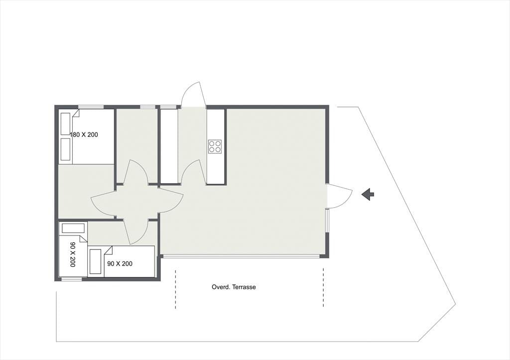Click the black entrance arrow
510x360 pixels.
click(368, 194)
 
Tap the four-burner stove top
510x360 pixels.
click(215, 146)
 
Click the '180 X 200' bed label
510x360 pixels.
click(84, 134)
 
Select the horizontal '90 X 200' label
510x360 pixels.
click(120, 263)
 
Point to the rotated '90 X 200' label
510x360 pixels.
click(73, 254)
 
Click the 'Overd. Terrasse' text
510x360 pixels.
click(234, 287)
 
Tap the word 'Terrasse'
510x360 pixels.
click(244, 287)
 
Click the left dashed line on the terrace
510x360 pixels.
click(176, 289)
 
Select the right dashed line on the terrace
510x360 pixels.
click(323, 287)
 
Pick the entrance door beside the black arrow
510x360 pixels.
click(340, 196)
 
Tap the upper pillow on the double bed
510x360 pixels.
click(66, 123)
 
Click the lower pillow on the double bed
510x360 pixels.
click(66, 149)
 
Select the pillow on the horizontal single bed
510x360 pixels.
click(95, 261)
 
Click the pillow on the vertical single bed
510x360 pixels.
click(73, 228)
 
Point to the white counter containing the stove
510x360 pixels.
click(216, 147)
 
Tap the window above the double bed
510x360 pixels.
click(91, 107)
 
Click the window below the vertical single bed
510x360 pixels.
click(72, 279)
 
